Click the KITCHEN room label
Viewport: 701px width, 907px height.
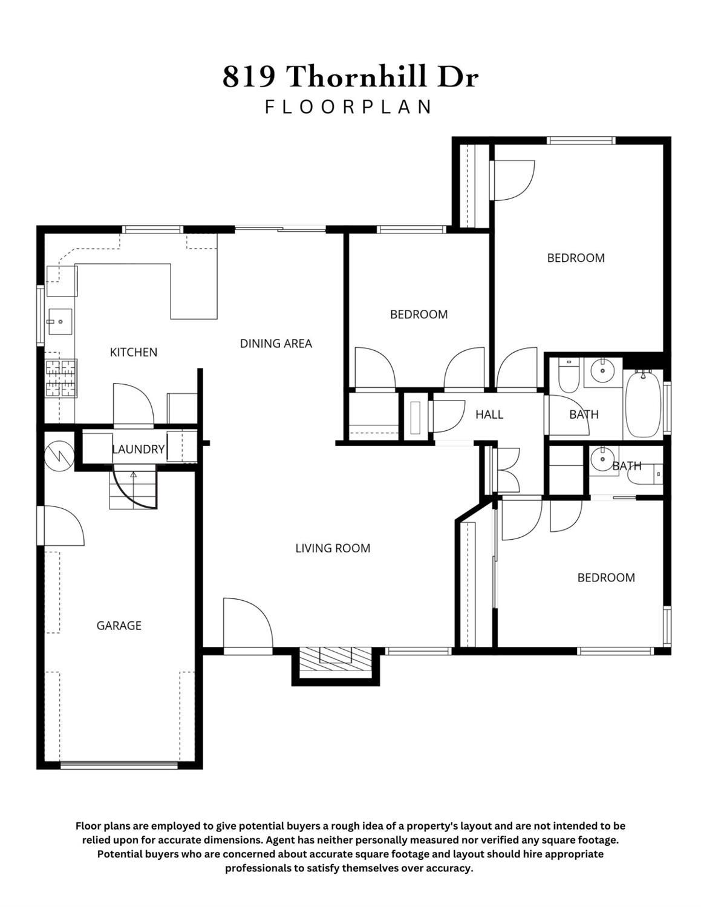(x=133, y=352)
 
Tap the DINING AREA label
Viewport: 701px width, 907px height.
(x=276, y=344)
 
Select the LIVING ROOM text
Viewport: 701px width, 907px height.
(x=333, y=548)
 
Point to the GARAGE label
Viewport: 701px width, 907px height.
(x=119, y=626)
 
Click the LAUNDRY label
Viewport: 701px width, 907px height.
(x=138, y=449)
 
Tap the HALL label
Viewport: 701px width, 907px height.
(x=489, y=414)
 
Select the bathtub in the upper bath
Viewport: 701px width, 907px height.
(x=643, y=404)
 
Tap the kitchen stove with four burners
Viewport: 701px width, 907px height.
(x=61, y=378)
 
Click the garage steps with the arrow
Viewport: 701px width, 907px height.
(x=133, y=489)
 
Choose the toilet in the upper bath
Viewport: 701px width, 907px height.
(x=569, y=376)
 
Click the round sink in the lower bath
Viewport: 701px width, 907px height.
(x=602, y=459)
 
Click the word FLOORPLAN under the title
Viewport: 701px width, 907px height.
(x=349, y=107)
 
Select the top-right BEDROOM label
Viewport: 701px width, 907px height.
(x=575, y=258)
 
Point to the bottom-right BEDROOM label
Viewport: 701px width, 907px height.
(x=605, y=578)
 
